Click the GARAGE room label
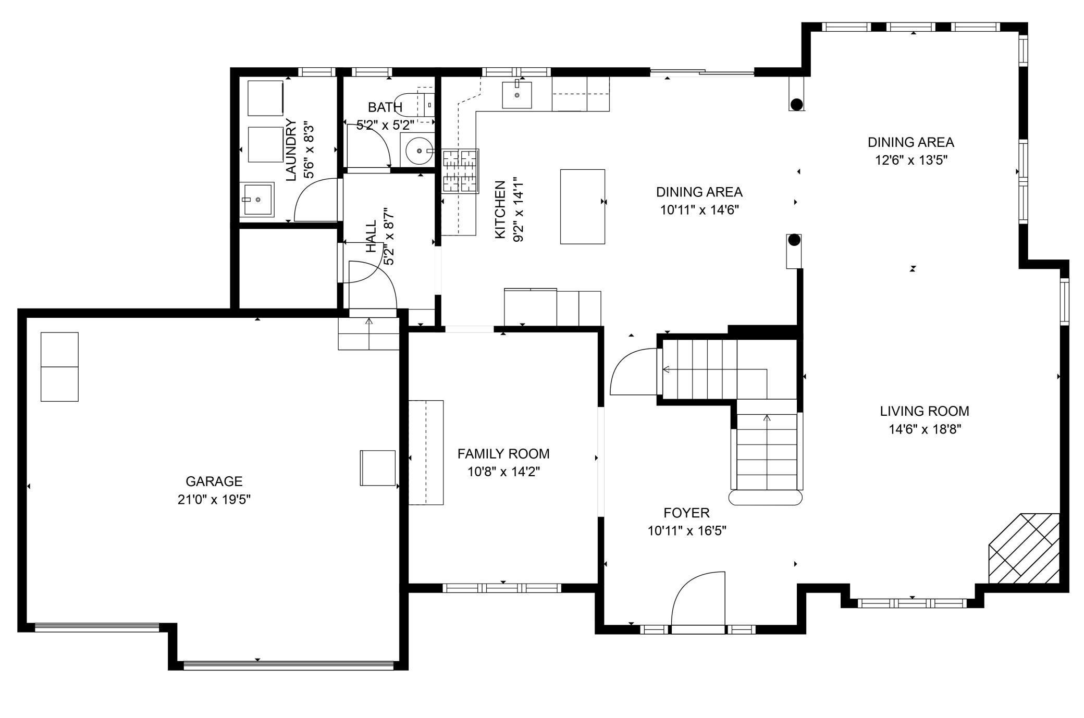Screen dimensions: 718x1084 [x=214, y=481]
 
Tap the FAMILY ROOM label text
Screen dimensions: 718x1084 [x=503, y=454]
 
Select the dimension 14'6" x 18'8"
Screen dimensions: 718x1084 [x=925, y=429]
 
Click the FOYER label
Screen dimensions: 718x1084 [x=686, y=513]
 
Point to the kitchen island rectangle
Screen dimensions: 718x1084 [x=582, y=206]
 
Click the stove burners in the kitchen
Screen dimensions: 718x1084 [x=460, y=171]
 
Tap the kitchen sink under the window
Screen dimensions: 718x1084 [x=516, y=95]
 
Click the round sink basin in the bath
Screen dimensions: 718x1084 [x=418, y=151]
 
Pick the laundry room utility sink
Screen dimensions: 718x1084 [x=257, y=199]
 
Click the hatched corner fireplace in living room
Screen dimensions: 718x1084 [x=1025, y=549]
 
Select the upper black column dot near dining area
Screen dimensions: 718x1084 [x=796, y=104]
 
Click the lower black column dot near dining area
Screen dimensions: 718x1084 [x=794, y=240]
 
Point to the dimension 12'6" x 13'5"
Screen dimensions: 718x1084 [x=910, y=160]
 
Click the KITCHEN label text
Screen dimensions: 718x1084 [x=500, y=209]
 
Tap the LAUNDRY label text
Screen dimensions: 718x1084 [x=291, y=150]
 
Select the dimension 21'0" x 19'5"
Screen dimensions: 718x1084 [x=214, y=500]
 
